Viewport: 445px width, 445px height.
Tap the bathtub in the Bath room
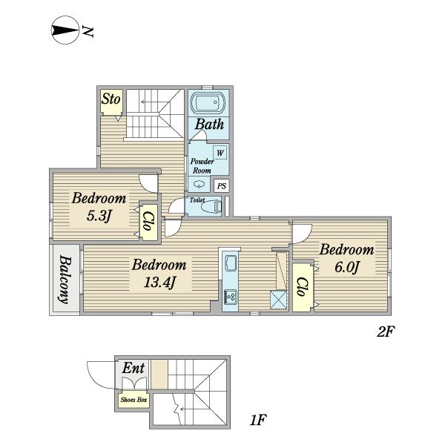tap(208, 102)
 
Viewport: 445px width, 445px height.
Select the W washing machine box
tap(220, 152)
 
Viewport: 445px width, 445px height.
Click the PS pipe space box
tap(221, 186)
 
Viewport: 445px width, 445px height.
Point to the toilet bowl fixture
tap(211, 206)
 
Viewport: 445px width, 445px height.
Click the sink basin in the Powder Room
tap(199, 184)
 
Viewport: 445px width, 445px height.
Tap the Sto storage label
tap(111, 99)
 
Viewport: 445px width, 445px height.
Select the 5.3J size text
tap(99, 217)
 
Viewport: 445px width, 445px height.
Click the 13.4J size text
tap(160, 283)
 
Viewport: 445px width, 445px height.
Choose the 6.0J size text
tap(347, 267)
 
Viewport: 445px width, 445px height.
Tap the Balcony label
tap(65, 280)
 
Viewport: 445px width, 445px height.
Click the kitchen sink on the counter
tap(231, 263)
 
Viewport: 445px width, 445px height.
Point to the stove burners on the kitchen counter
tap(231, 297)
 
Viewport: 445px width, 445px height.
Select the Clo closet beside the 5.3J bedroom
tap(149, 222)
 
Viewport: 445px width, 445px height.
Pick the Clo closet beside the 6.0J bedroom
tap(303, 287)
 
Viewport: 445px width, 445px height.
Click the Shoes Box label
tap(133, 400)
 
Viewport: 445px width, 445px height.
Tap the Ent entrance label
tap(133, 368)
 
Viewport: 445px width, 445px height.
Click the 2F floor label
tap(386, 332)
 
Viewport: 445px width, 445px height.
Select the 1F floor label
tap(257, 420)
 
